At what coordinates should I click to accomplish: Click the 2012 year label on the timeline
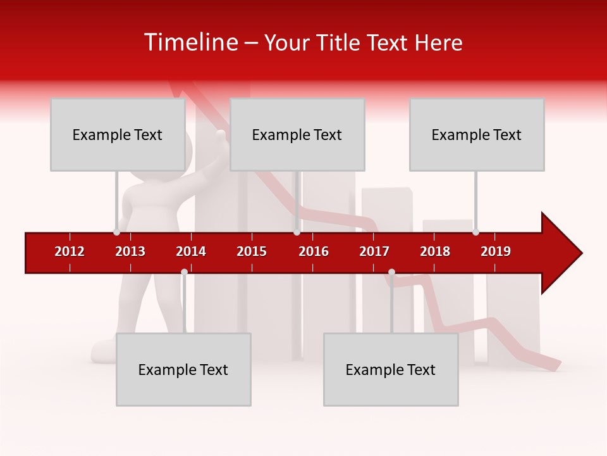(70, 251)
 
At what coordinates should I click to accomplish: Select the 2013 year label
(130, 251)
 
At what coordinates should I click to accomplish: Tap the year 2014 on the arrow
(191, 251)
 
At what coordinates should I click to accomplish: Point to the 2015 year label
(252, 251)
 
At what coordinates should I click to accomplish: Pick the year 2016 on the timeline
(314, 251)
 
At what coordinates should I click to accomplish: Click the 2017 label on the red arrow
(374, 251)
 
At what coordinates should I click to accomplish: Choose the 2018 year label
(435, 251)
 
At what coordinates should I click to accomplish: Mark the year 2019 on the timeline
(496, 251)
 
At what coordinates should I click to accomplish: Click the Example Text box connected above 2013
(118, 134)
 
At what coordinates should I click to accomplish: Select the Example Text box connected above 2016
(297, 134)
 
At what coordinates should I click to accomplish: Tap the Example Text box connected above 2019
(477, 134)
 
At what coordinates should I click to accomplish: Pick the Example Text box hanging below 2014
(183, 369)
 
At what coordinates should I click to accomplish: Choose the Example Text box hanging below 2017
(391, 369)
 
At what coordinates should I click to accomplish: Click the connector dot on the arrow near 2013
(116, 232)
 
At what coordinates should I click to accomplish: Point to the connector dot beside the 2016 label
(297, 232)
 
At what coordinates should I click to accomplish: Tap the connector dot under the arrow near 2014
(184, 272)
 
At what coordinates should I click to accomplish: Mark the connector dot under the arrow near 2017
(391, 272)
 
